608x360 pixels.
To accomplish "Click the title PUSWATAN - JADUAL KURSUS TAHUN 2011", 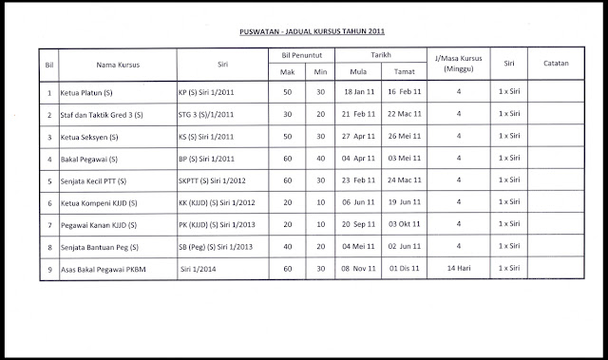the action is point(304,29).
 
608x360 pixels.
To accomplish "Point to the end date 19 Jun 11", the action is point(405,203).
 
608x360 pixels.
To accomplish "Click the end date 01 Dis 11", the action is point(405,269).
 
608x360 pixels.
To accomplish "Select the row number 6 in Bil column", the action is point(48,203).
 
